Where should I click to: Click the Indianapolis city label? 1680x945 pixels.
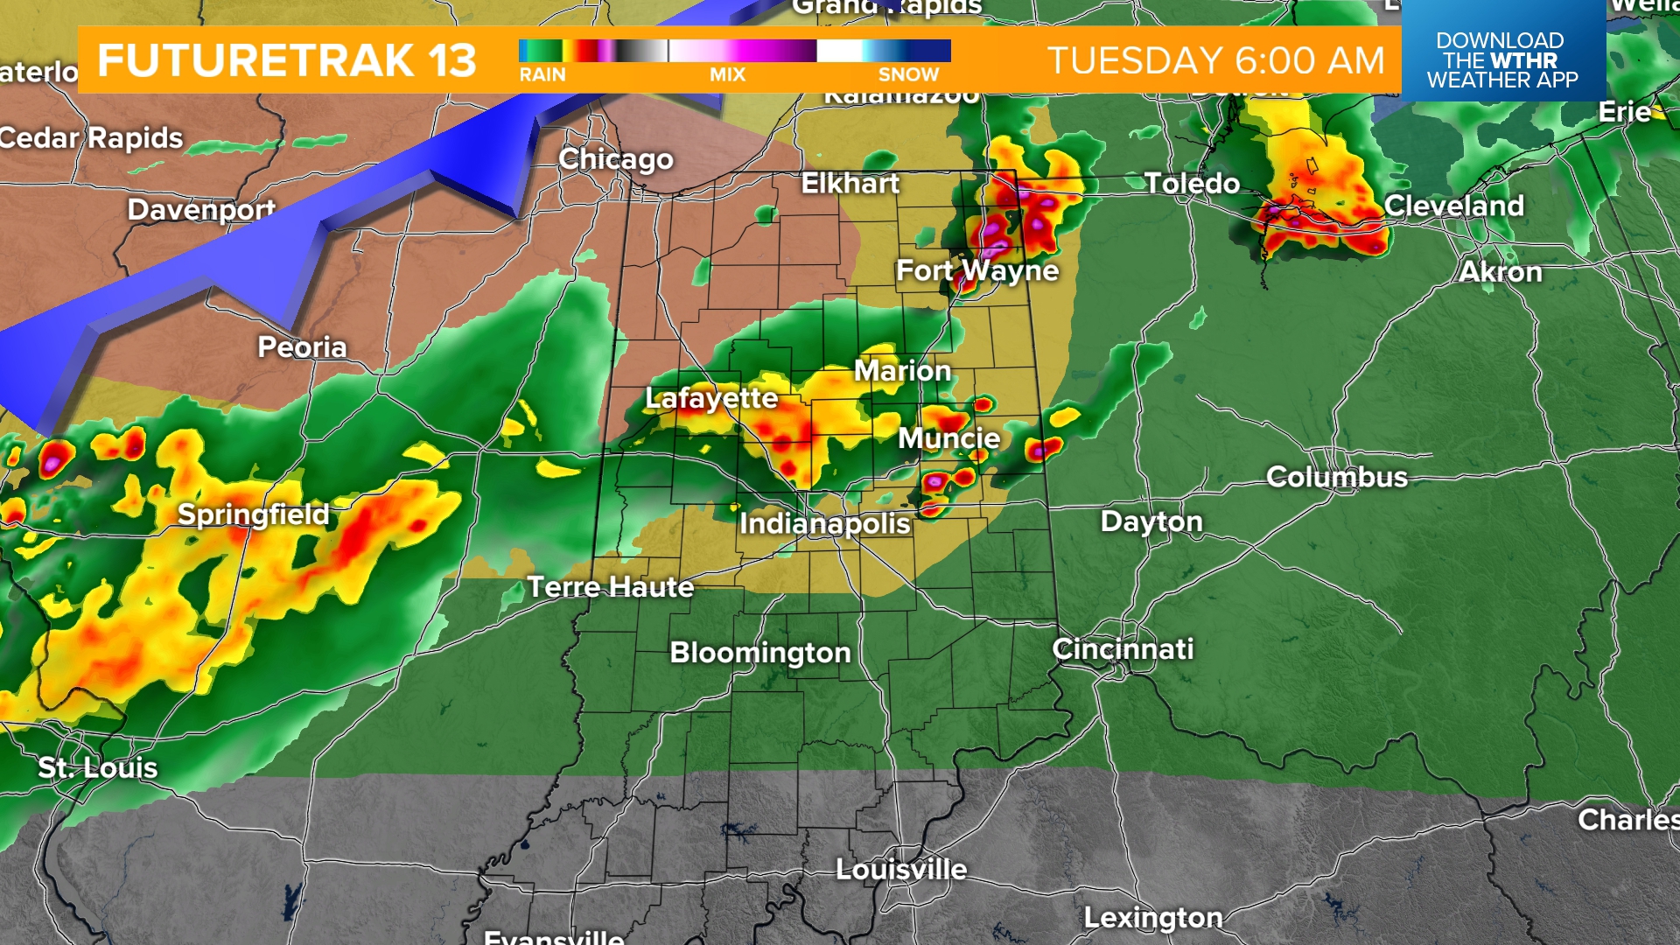click(x=825, y=524)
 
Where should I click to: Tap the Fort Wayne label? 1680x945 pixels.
click(x=977, y=271)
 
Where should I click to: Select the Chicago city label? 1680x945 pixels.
click(x=616, y=159)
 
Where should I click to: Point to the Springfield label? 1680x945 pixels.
click(x=254, y=514)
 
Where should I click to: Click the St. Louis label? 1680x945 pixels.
click(x=98, y=768)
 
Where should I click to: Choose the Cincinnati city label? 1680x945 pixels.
click(x=1123, y=649)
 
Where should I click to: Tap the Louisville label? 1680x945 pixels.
click(x=901, y=870)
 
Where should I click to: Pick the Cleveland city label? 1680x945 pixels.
click(x=1454, y=206)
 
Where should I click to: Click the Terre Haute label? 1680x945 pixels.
click(x=611, y=587)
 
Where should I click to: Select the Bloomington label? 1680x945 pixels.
click(x=760, y=653)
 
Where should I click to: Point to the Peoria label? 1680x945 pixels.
click(x=302, y=347)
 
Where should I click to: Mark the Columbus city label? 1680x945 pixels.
click(x=1337, y=478)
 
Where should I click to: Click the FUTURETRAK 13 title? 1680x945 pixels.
click(x=287, y=60)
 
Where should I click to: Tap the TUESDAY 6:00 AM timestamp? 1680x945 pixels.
click(x=1216, y=60)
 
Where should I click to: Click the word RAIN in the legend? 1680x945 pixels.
click(x=542, y=75)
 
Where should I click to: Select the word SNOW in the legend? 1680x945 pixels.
click(x=908, y=75)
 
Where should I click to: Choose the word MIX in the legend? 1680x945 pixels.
click(x=727, y=75)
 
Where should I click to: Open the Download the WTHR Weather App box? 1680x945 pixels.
click(x=1502, y=59)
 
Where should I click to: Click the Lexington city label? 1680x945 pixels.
click(x=1153, y=918)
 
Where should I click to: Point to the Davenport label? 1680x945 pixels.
click(x=201, y=210)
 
